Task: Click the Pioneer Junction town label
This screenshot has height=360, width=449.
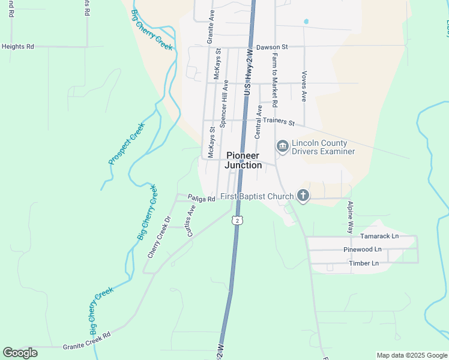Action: click(x=244, y=160)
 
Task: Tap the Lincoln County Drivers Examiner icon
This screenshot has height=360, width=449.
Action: click(x=282, y=146)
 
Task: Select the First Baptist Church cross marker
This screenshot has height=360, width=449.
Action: click(x=304, y=196)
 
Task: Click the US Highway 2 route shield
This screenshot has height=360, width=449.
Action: click(x=238, y=221)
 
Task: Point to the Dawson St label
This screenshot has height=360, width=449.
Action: click(x=272, y=46)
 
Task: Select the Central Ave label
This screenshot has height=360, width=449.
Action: click(x=259, y=122)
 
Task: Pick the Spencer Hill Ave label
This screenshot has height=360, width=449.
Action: click(x=223, y=104)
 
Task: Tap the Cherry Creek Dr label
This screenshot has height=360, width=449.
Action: click(x=160, y=237)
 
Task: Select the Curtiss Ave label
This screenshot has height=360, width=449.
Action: click(x=191, y=220)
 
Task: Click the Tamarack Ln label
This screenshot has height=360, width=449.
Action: click(x=379, y=236)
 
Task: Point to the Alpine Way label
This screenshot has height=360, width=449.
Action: click(x=351, y=217)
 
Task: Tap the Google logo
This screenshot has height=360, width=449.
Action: click(x=20, y=353)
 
